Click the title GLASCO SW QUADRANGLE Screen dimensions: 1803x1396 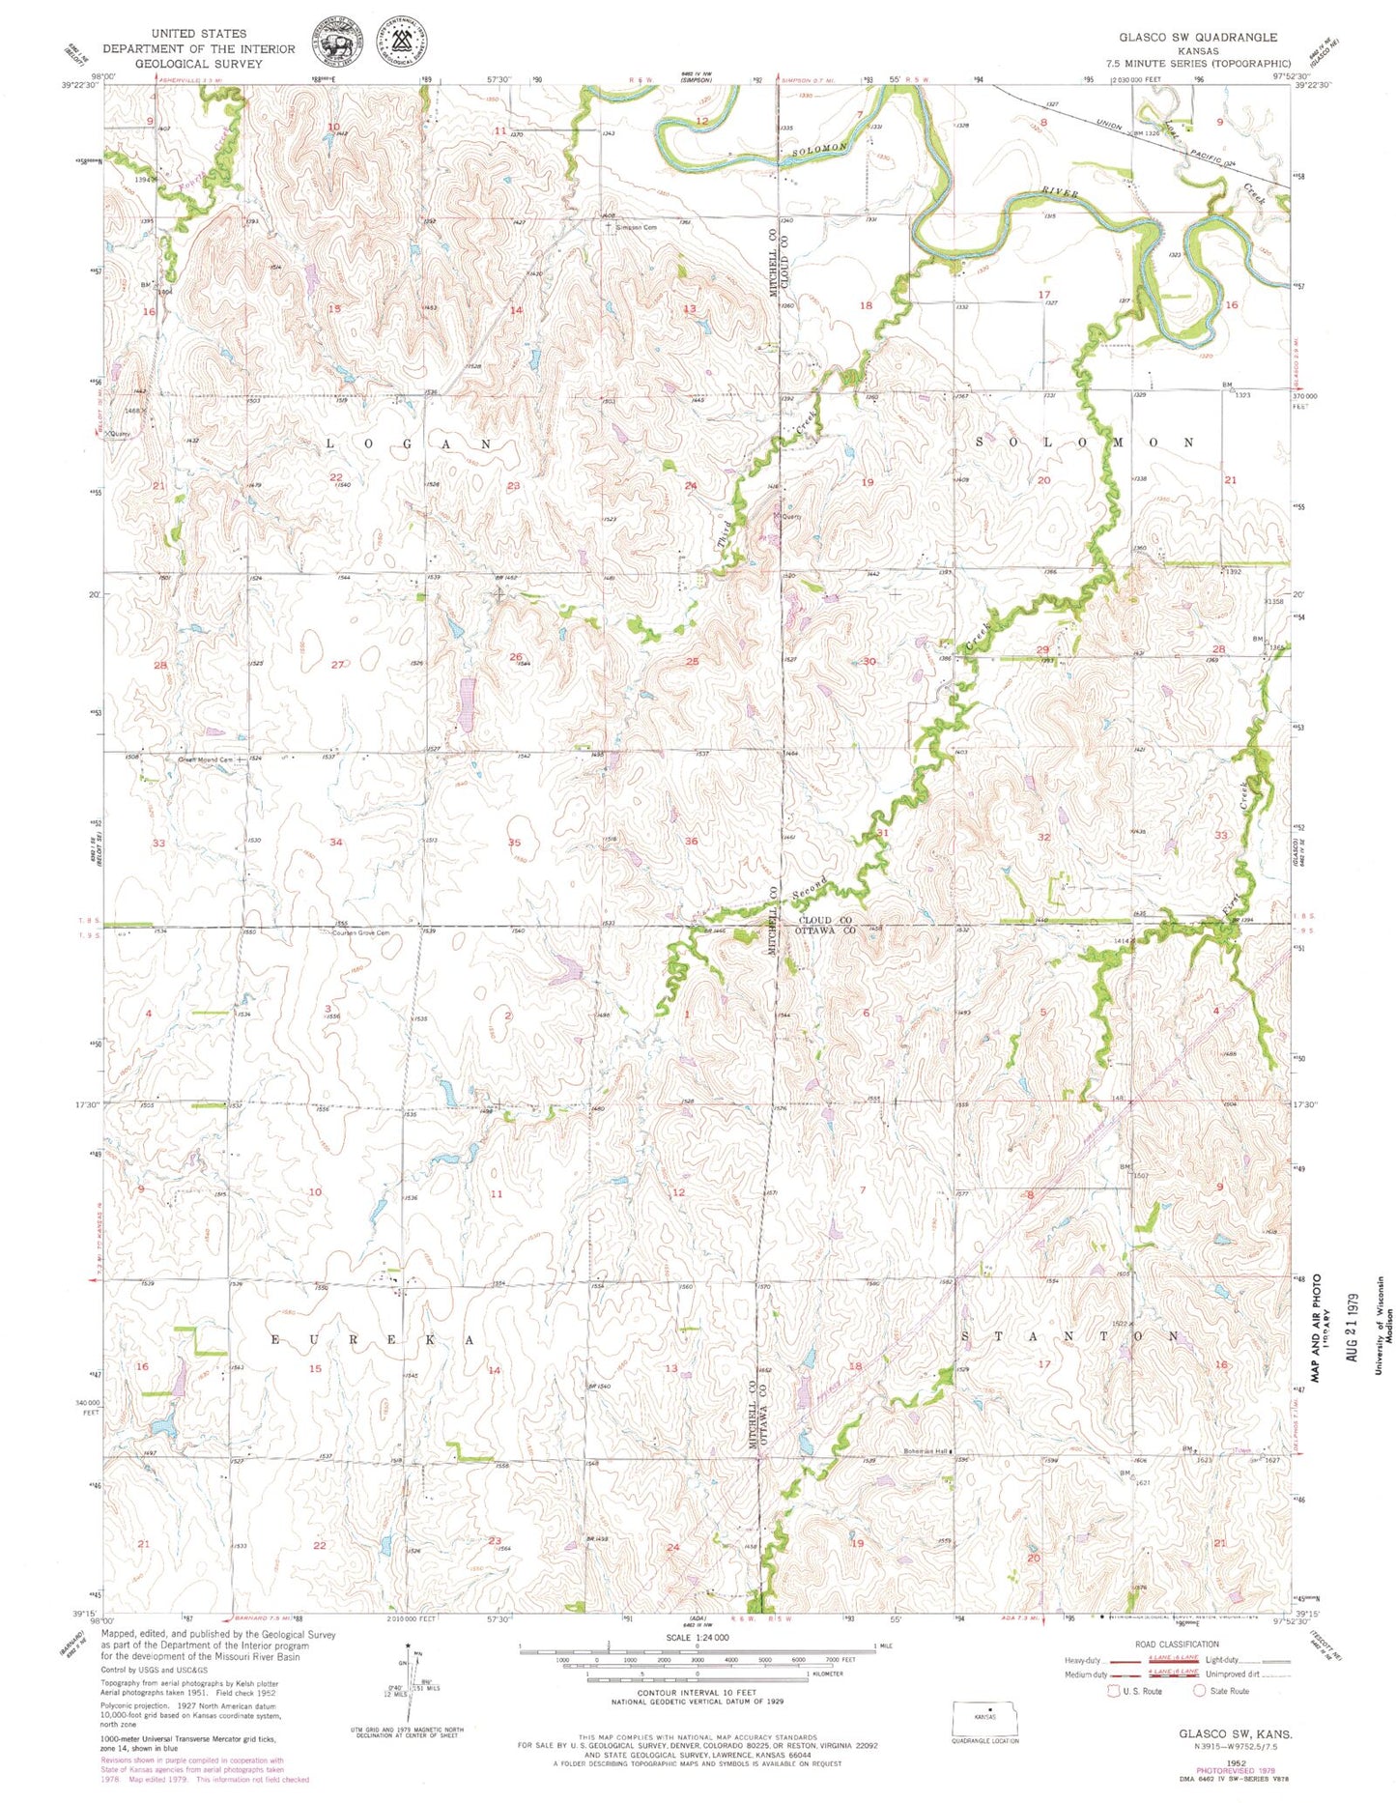coord(1198,37)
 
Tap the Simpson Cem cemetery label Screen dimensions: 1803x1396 coord(637,228)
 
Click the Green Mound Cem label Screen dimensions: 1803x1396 coord(205,759)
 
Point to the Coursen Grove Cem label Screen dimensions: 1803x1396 coord(360,932)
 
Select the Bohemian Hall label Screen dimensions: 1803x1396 coord(925,1451)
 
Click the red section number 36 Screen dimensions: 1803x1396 coord(692,842)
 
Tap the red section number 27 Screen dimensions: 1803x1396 coord(337,664)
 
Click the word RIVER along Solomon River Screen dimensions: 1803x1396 coord(1057,194)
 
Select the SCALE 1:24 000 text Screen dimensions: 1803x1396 coord(697,1638)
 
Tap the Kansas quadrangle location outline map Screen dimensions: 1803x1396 coord(985,1718)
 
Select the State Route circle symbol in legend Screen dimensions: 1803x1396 coord(1201,1691)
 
